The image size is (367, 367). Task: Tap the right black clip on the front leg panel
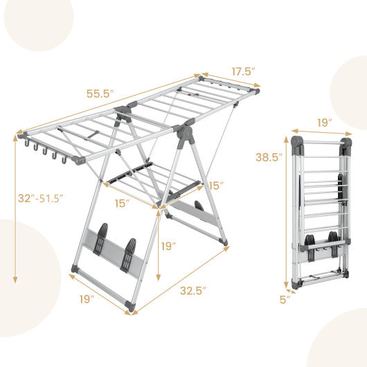129,254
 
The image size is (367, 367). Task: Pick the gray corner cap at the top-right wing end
256,90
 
